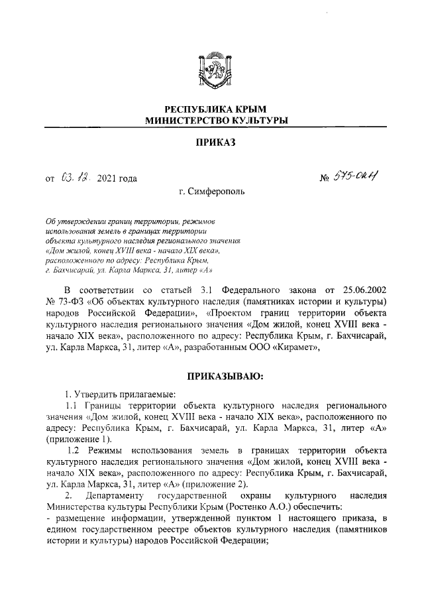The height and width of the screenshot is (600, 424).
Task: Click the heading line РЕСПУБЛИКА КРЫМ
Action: click(211, 109)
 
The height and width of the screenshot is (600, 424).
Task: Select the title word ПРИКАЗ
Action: click(211, 144)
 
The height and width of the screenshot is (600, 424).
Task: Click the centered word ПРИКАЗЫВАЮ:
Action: click(225, 377)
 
